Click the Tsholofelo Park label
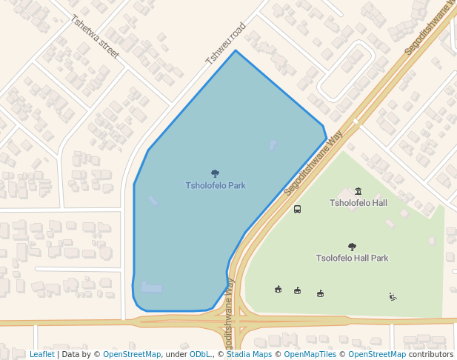[x=216, y=185]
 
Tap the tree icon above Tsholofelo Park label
[x=216, y=173]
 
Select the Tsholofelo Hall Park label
[x=352, y=259]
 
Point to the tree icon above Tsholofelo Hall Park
[x=352, y=247]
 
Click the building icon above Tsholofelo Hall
[x=358, y=191]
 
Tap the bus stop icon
[x=297, y=210]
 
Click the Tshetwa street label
[x=95, y=37]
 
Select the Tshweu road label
[x=225, y=43]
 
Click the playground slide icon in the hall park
[x=393, y=297]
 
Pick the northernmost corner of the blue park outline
[x=236, y=50]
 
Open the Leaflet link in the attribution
[x=41, y=355]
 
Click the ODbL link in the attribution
[x=200, y=355]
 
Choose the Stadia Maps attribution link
[x=249, y=355]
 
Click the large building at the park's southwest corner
[x=152, y=287]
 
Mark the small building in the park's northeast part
[x=273, y=144]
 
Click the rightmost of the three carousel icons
[x=320, y=293]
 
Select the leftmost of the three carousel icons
[x=278, y=289]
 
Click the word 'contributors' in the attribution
[x=430, y=355]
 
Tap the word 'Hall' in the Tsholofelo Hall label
[x=378, y=203]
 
